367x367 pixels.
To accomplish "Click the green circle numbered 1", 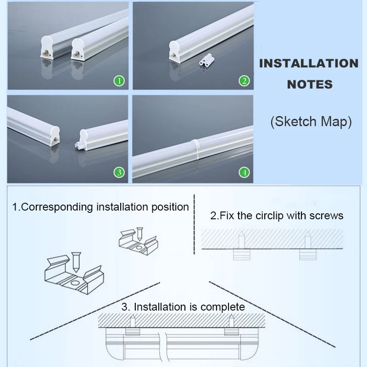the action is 119,81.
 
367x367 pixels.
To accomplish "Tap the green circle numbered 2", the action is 244,81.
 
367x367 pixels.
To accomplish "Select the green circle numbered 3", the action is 119,172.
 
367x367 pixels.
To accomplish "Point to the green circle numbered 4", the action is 244,172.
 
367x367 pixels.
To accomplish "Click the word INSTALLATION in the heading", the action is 309,63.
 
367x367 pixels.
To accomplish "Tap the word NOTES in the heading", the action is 310,84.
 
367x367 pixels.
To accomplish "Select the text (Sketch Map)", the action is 311,122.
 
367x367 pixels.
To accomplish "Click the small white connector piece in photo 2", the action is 206,60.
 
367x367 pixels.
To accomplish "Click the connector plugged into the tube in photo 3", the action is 79,145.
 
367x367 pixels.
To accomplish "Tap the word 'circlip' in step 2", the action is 270,216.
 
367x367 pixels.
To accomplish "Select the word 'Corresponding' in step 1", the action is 57,207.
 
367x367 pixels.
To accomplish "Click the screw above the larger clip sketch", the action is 76,262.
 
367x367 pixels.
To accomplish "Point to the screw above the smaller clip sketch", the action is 139,234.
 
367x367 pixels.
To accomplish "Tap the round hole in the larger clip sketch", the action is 75,283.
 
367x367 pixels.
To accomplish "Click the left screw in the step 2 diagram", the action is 241,239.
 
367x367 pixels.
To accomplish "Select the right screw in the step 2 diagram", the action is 307,239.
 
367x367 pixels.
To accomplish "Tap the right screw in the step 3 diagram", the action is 231,321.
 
